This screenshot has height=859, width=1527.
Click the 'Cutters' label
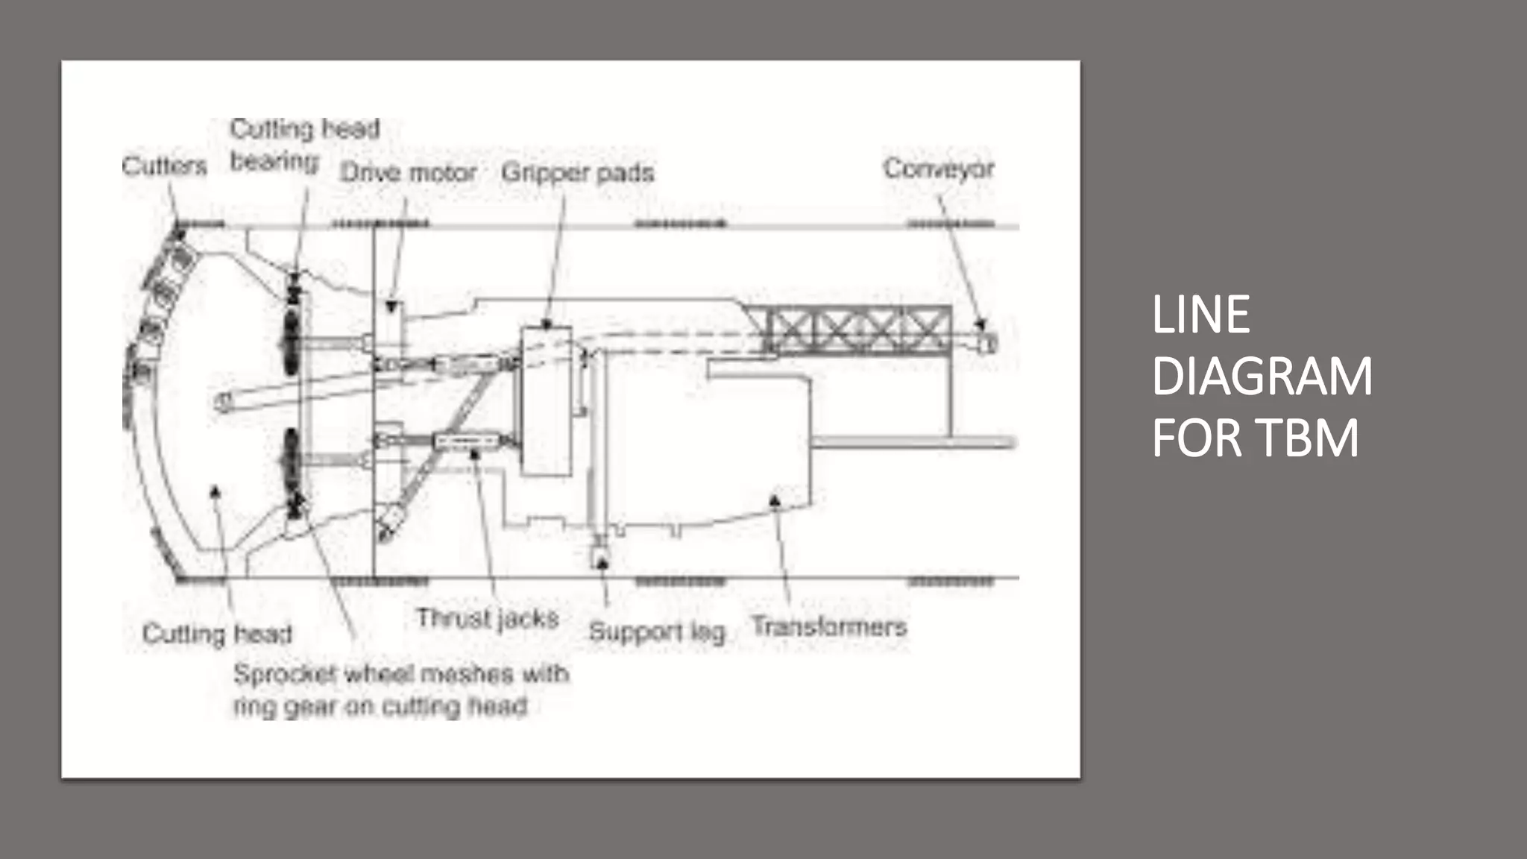click(164, 166)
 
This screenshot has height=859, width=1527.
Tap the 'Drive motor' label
click(408, 173)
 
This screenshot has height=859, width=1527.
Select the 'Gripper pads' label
click(577, 172)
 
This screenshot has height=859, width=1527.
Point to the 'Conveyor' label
click(939, 169)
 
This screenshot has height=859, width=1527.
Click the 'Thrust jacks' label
click(487, 618)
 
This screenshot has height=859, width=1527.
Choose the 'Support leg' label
click(656, 632)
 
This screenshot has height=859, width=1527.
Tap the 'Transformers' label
click(828, 626)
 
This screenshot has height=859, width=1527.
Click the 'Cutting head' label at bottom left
click(216, 634)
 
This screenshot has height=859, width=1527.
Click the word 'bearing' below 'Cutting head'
click(274, 161)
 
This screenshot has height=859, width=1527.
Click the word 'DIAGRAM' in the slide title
click(1262, 377)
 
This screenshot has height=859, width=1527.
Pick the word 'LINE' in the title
click(1200, 315)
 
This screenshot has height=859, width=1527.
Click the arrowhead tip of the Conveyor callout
click(981, 326)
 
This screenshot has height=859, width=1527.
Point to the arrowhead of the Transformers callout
click(775, 500)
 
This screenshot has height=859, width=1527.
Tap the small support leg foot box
click(599, 556)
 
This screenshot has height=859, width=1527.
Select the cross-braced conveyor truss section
click(857, 329)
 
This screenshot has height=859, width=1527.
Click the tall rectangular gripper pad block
click(547, 401)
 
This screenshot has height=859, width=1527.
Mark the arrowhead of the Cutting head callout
click(215, 491)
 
